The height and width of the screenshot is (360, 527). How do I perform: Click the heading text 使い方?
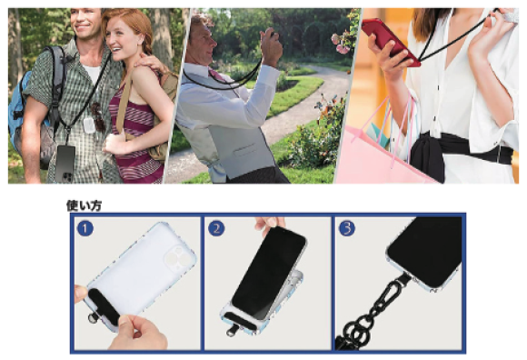(84, 205)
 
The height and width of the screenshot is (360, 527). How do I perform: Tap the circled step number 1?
(85, 228)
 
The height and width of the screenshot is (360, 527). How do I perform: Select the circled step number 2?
(216, 228)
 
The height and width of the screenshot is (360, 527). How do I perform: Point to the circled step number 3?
(347, 228)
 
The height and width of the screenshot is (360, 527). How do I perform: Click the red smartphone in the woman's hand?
(390, 42)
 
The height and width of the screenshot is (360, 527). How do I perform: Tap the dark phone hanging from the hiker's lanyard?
(65, 164)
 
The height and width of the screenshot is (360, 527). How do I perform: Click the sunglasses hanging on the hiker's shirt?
(98, 116)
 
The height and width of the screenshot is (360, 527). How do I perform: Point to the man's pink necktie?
(217, 75)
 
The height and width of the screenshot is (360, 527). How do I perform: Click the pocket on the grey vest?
(244, 150)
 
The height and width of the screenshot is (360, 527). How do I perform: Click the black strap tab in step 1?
(104, 305)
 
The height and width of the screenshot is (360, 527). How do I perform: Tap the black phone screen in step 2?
(268, 272)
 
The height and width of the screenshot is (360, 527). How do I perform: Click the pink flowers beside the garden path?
(341, 45)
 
